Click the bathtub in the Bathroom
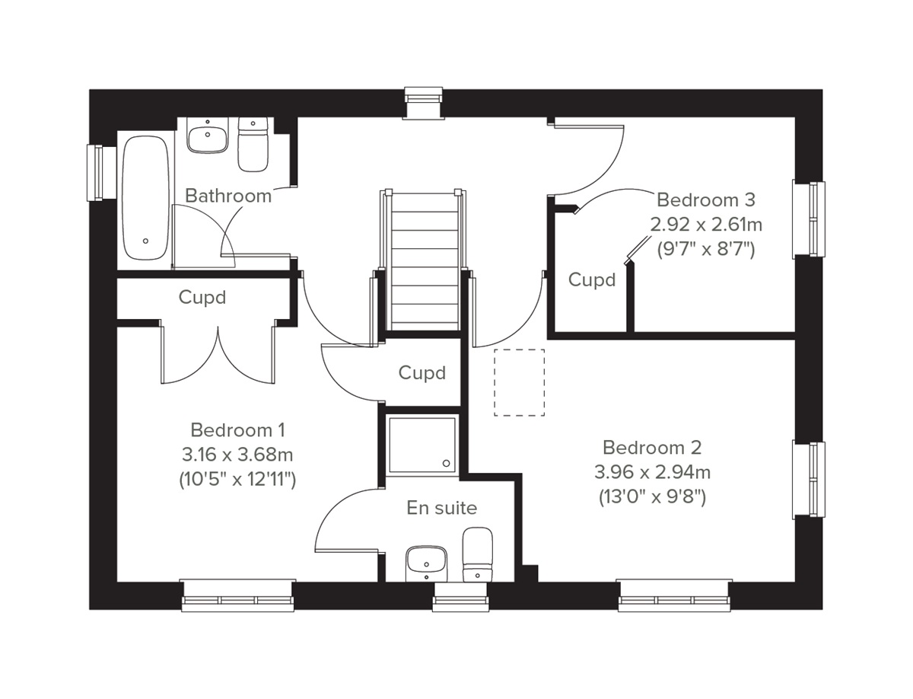145,199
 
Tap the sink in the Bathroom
207,137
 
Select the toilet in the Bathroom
253,145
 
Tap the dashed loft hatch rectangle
519,382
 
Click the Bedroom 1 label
237,429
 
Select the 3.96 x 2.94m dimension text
652,472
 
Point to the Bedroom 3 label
706,200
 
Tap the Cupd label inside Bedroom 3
592,280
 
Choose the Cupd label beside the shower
422,373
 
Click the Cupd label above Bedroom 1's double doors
202,297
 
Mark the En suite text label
441,508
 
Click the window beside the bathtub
96,173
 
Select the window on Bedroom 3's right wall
809,219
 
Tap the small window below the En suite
460,598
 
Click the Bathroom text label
228,196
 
